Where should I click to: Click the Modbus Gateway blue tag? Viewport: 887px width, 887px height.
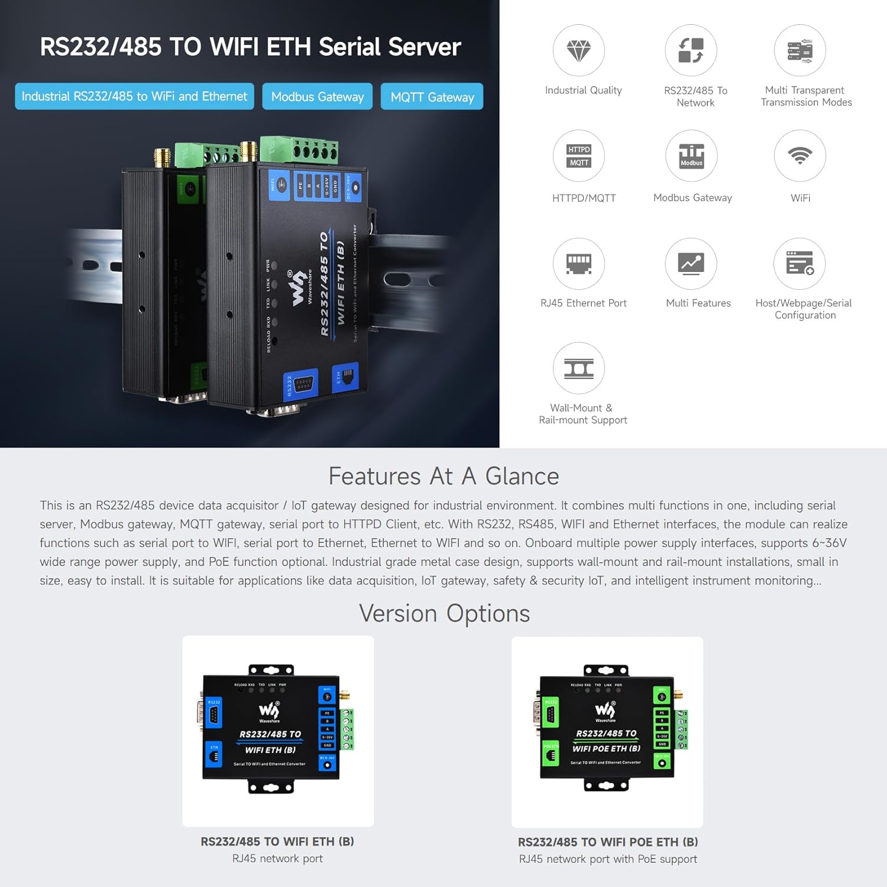(318, 96)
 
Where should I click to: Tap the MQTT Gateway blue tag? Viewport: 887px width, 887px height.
(432, 96)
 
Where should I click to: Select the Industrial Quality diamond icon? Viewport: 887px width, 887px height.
(578, 51)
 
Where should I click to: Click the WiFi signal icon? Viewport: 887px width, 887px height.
(799, 156)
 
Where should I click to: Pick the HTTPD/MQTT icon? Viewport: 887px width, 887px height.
(578, 156)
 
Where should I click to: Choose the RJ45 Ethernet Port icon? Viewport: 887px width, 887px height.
(578, 264)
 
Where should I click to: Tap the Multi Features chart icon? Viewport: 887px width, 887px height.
(691, 264)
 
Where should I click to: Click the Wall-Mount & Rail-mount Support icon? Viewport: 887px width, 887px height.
(578, 368)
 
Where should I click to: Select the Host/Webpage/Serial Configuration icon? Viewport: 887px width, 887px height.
(799, 264)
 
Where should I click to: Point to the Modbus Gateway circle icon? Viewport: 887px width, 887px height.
(691, 156)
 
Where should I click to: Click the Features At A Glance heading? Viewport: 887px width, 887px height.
(444, 476)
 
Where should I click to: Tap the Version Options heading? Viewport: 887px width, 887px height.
(444, 613)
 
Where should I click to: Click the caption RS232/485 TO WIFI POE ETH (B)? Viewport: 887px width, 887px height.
(608, 841)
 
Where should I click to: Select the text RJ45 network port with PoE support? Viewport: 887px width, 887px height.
(608, 859)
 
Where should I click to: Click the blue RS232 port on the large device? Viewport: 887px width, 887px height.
(301, 384)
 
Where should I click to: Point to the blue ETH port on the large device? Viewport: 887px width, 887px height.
(346, 375)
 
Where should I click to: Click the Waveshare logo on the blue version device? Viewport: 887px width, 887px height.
(269, 711)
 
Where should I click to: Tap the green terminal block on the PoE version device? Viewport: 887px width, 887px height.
(682, 730)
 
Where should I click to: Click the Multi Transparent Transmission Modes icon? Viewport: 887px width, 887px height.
(799, 51)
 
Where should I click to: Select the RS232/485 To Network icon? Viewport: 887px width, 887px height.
(691, 51)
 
